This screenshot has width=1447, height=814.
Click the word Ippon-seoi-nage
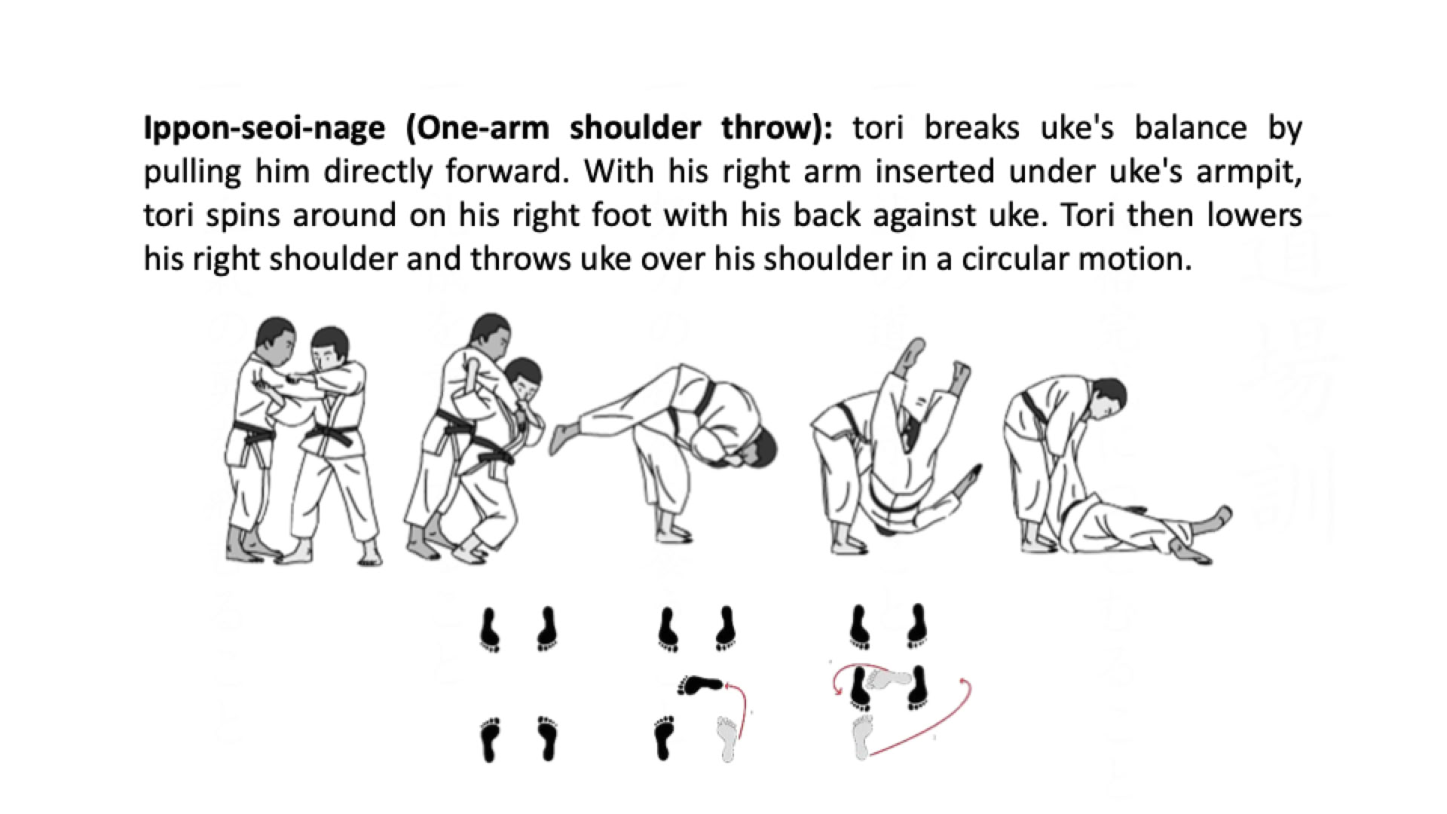(x=264, y=128)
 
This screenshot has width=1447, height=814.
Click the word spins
(x=240, y=216)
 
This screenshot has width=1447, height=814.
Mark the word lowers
(x=1254, y=215)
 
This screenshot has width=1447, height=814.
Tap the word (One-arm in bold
(x=478, y=128)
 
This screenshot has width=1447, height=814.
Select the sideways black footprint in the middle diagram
(x=700, y=684)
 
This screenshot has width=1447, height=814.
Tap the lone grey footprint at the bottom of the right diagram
(x=862, y=737)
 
